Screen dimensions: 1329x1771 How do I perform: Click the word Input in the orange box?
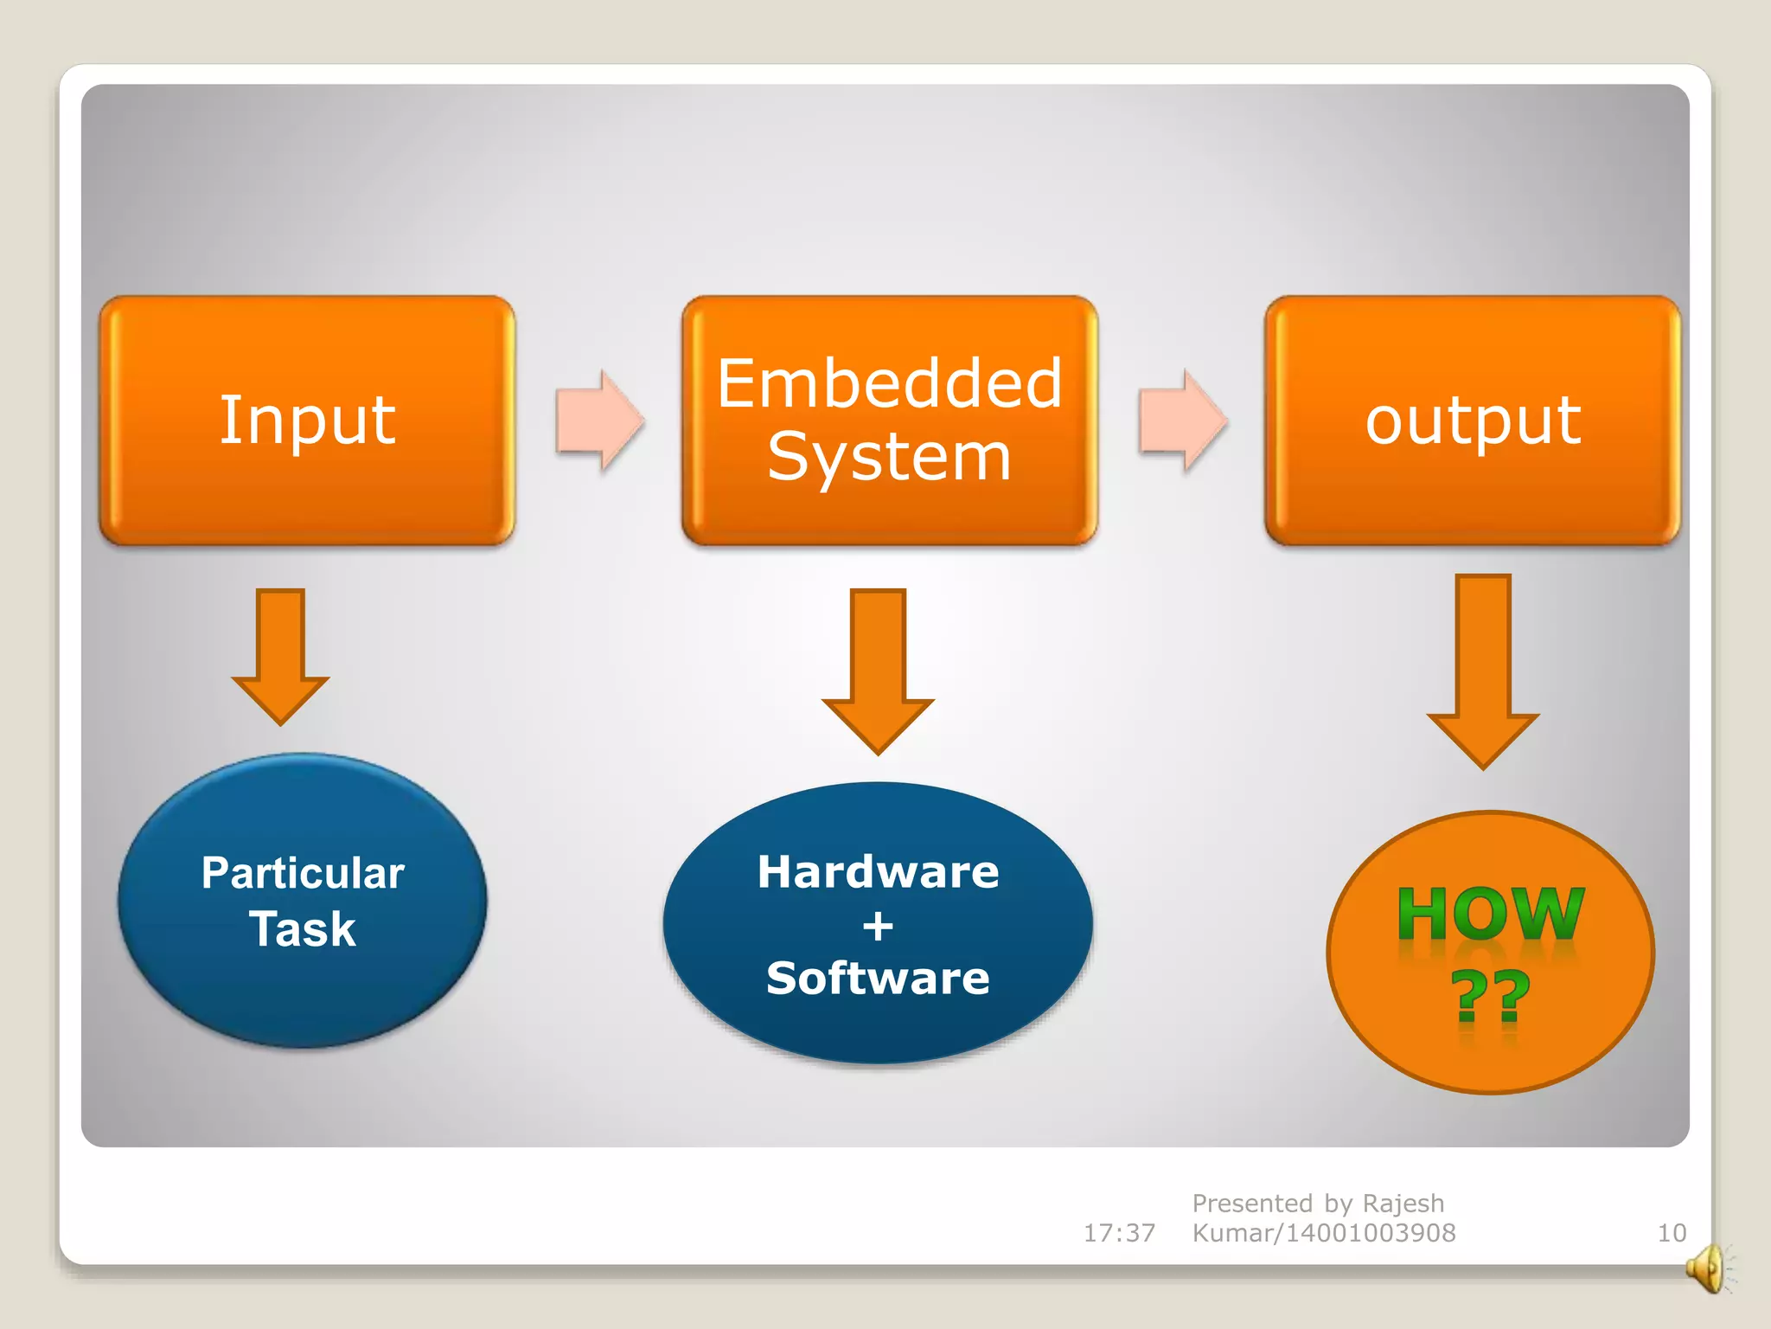coord(307,421)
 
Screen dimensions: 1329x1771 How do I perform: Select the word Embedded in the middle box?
coord(889,383)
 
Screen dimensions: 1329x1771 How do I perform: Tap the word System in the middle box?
coord(889,457)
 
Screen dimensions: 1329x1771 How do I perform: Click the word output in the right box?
coord(1473,421)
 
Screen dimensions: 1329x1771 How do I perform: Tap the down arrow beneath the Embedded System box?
coord(878,670)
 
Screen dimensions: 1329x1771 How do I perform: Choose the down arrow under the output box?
coord(1483,670)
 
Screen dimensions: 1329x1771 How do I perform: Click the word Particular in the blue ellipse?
coord(303,872)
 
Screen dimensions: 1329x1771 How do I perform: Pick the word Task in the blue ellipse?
coord(303,929)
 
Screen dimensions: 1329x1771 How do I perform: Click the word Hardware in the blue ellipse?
coord(878,871)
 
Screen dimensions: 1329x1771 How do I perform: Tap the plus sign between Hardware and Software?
coord(878,927)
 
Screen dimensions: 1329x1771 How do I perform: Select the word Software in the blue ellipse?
coord(878,979)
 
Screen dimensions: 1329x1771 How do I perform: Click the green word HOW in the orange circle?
coord(1491,914)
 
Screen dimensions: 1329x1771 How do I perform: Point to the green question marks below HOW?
coord(1491,995)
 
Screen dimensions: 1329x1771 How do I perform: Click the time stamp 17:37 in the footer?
coord(1119,1233)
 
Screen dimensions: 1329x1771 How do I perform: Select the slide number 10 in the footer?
coord(1672,1233)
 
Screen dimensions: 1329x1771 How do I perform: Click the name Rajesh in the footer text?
coord(1403,1204)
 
